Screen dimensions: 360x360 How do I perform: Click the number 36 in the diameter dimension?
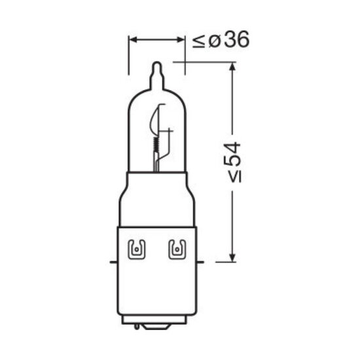(x=236, y=39)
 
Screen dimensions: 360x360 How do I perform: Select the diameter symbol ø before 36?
(x=215, y=41)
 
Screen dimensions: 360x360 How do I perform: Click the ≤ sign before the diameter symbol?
(x=198, y=41)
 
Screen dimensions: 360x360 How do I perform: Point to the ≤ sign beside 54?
(x=235, y=177)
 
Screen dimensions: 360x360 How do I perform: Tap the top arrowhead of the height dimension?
(x=232, y=67)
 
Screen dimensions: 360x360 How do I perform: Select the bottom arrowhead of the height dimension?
(x=232, y=257)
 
